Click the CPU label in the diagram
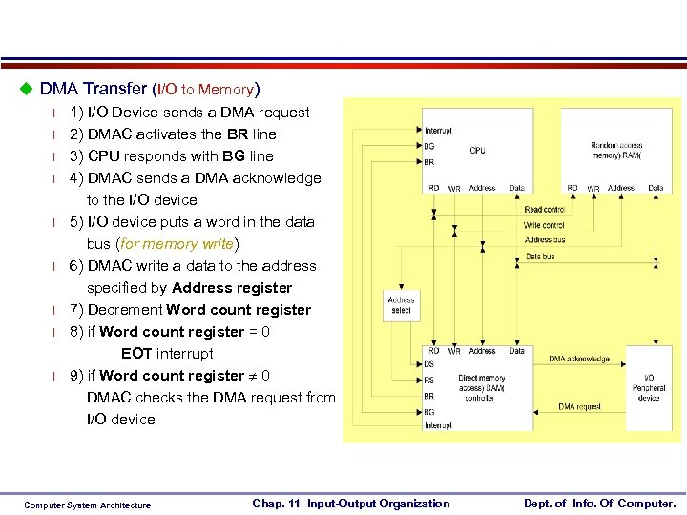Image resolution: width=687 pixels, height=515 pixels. click(477, 151)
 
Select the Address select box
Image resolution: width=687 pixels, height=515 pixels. click(402, 305)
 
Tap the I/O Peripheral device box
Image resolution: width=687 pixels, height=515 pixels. click(649, 387)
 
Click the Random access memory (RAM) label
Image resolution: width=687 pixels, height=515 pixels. click(615, 151)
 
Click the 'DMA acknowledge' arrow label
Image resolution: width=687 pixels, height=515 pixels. click(579, 359)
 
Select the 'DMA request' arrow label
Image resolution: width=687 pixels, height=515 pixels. click(580, 407)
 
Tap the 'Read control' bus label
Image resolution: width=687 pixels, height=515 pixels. click(544, 210)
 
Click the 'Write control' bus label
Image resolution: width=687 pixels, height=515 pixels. click(544, 225)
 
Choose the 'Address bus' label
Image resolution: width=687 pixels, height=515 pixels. click(544, 240)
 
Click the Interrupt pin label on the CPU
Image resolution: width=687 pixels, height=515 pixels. click(439, 131)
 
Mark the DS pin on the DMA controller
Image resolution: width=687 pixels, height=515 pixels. click(429, 364)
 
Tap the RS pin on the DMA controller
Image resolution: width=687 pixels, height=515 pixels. click(429, 379)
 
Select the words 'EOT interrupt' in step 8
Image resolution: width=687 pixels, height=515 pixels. click(167, 354)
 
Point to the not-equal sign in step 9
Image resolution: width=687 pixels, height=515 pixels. click(253, 376)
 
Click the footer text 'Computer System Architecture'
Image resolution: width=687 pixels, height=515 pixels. click(87, 505)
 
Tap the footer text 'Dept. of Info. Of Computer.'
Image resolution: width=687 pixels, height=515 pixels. click(599, 504)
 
